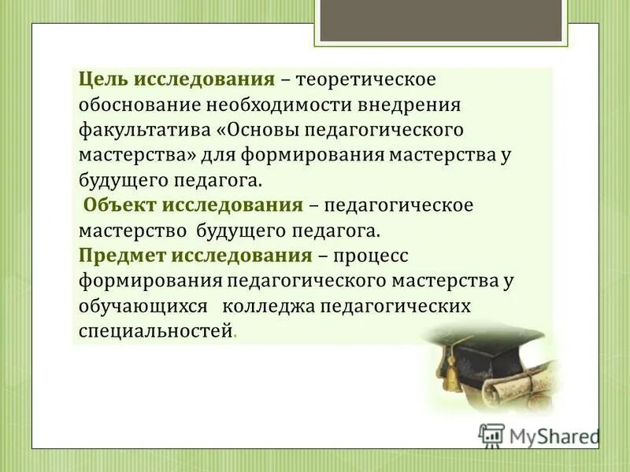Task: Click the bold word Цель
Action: (x=103, y=80)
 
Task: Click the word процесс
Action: (x=369, y=255)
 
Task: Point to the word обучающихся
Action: (x=143, y=305)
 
